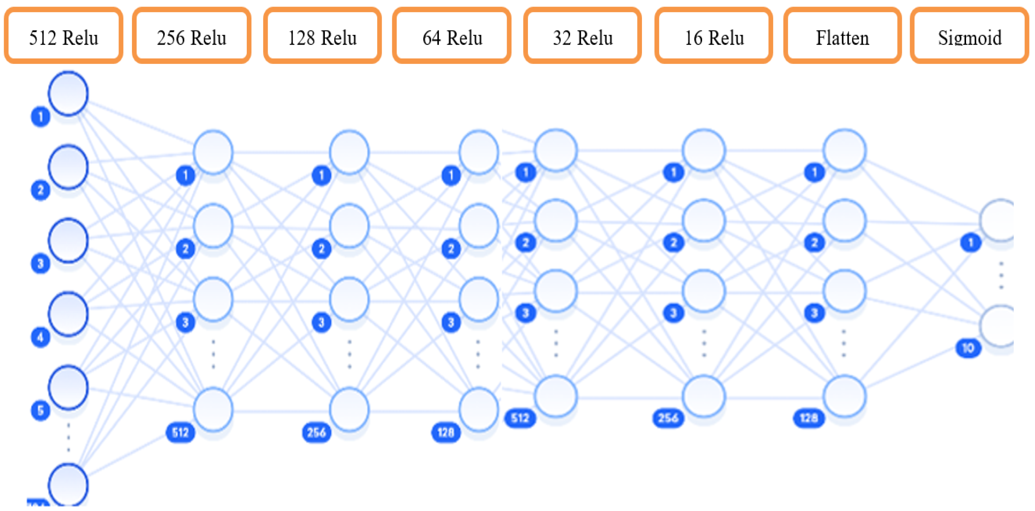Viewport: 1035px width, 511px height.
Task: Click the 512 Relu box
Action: coord(63,36)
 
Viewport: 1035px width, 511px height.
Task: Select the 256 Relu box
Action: coord(192,36)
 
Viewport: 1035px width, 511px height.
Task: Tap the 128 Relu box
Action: coord(322,36)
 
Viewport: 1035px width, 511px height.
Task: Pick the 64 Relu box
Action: coord(452,36)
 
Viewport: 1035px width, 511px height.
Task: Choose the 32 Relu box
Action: coord(583,36)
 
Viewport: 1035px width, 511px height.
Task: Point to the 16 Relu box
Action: coord(714,36)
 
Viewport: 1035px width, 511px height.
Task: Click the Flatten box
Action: coord(843,36)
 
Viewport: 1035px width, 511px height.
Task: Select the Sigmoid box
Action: coord(969,36)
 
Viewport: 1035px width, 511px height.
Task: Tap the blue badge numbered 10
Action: coord(968,348)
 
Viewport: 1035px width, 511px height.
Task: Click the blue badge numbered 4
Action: coord(40,337)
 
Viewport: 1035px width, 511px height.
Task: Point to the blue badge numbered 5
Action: coord(40,410)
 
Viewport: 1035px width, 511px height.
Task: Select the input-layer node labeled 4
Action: coord(68,314)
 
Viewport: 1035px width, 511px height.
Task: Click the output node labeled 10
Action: coord(998,326)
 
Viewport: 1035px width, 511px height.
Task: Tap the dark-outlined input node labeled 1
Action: coord(68,94)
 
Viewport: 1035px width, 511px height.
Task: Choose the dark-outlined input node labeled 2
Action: coord(68,167)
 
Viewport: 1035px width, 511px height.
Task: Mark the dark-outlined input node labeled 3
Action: coord(68,240)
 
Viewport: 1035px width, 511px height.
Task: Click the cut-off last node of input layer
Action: coord(68,485)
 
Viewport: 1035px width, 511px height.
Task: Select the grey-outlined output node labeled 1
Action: coord(998,220)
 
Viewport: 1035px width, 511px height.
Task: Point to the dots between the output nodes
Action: coord(1001,275)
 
